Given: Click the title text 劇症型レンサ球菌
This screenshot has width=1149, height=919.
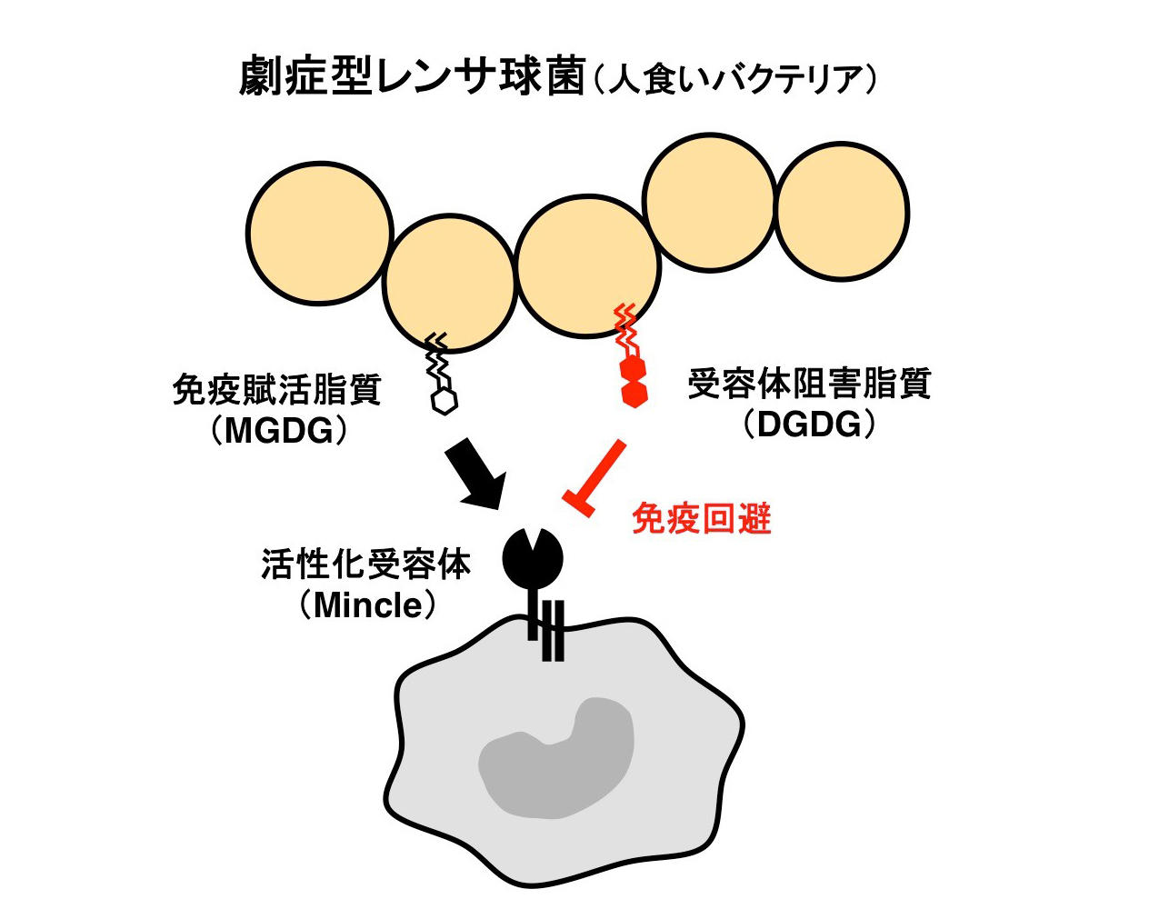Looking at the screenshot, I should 411,77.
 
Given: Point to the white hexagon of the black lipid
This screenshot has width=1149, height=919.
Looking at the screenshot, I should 444,401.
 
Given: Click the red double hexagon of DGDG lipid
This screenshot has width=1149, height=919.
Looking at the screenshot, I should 634,381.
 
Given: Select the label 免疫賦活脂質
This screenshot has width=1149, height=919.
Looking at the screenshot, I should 276,390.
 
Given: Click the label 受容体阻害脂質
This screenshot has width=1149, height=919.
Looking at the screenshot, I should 809,385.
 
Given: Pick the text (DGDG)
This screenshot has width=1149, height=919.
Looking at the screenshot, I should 809,425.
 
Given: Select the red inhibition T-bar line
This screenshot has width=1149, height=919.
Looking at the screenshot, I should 596,476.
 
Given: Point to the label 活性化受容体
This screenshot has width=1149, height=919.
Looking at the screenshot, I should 365,564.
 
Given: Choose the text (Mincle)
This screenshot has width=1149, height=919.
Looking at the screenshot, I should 367,604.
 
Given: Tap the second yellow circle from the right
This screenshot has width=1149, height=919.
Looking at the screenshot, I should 709,206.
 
